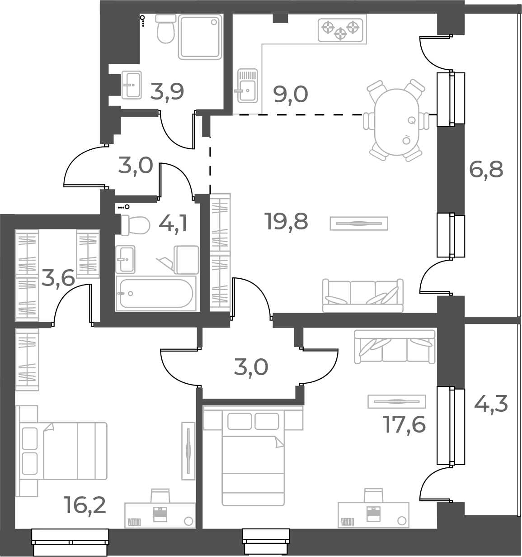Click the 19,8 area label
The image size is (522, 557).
point(287,222)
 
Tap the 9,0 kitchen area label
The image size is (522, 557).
point(291,95)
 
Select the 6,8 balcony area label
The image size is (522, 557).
point(486,171)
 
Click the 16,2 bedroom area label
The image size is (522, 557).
point(86,505)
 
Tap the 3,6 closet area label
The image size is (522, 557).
point(58,278)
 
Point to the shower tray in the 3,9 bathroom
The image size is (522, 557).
point(200,36)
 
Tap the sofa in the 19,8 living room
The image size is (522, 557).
point(362,296)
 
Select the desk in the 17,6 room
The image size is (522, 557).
point(373,514)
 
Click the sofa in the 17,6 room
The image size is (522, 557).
point(395,346)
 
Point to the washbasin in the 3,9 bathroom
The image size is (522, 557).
point(132,85)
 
